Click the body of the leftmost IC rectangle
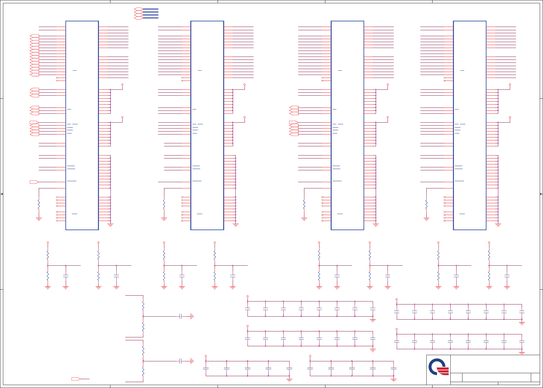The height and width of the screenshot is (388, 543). click(x=82, y=125)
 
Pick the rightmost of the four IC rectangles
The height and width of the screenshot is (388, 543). click(x=469, y=125)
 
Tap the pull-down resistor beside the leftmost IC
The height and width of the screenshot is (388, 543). click(x=39, y=205)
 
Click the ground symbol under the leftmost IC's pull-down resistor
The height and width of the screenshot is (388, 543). click(x=39, y=219)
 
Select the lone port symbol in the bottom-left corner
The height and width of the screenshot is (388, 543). click(x=76, y=379)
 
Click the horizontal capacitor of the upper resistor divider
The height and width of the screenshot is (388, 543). click(x=180, y=316)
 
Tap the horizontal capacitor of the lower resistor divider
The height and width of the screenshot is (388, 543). click(x=180, y=361)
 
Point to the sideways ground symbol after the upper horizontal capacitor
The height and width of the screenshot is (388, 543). click(x=192, y=316)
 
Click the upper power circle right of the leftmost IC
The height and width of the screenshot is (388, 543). click(x=122, y=85)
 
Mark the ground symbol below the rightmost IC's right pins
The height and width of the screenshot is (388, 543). click(x=498, y=225)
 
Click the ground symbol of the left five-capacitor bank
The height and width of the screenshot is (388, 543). click(x=289, y=380)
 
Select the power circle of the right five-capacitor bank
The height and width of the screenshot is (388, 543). click(x=310, y=356)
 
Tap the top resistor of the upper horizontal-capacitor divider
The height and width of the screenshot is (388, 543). click(x=143, y=306)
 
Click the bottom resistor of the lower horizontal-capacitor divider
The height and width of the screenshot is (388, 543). click(x=143, y=372)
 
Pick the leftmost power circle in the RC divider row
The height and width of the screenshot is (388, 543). click(x=48, y=243)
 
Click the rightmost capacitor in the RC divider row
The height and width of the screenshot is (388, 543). click(x=507, y=276)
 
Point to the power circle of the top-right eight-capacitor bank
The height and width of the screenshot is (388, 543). click(x=397, y=299)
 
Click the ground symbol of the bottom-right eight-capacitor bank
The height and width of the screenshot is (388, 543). click(x=522, y=353)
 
